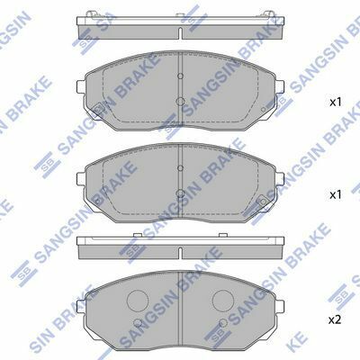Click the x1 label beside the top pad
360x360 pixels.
(336, 103)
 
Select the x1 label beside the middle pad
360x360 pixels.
(336, 195)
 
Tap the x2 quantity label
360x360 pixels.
(336, 320)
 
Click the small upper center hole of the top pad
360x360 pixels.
(180, 76)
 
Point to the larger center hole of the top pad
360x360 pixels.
(180, 102)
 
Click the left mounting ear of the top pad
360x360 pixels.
(81, 87)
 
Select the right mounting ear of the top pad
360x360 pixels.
(279, 87)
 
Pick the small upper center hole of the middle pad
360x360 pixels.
(180, 168)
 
